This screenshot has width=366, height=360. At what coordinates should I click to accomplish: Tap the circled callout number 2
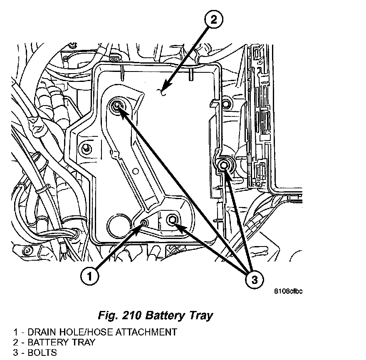coord(213,20)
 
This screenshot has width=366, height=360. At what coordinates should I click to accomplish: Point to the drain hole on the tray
coord(144,223)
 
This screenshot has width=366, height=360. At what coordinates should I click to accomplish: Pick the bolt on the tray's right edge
coord(224,165)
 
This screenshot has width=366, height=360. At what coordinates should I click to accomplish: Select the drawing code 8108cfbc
coord(288,291)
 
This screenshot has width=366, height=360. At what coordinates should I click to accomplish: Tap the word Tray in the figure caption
coord(200,316)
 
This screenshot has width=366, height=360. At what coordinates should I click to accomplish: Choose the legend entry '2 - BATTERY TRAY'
coord(54,343)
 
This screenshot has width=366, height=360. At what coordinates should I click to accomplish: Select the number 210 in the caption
coord(129,316)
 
